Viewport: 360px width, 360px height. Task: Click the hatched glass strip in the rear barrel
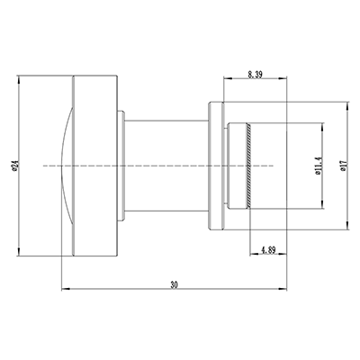[246, 165]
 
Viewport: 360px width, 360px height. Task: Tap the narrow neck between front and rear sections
[166, 165]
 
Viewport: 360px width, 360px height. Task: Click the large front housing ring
[94, 165]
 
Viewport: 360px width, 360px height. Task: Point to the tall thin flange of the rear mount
[214, 165]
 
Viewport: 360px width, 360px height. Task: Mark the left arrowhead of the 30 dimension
[62, 289]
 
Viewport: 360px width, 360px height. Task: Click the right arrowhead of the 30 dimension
[284, 289]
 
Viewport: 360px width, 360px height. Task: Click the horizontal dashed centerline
[180, 165]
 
